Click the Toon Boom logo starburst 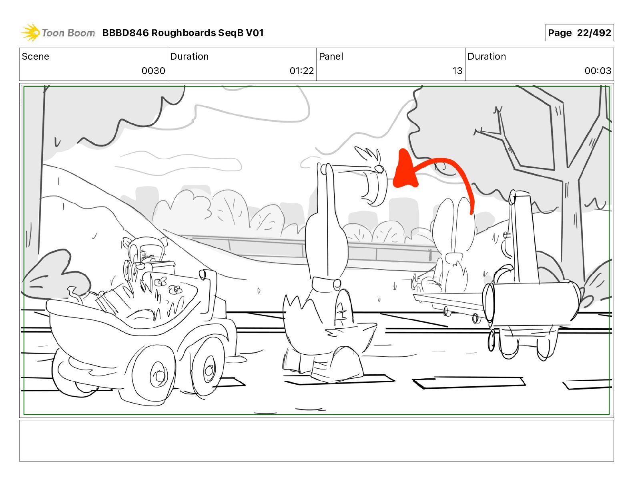click(x=30, y=32)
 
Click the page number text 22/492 click(x=594, y=33)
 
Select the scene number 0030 click(x=153, y=70)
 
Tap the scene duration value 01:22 click(x=301, y=70)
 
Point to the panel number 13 click(x=457, y=70)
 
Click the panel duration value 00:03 click(x=598, y=70)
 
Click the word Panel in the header click(x=331, y=56)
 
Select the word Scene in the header click(x=35, y=56)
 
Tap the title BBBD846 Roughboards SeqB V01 click(x=183, y=33)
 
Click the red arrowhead click(x=405, y=171)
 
